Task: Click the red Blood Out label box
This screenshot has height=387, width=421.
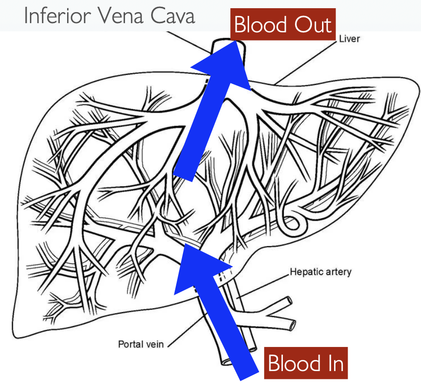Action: pyautogui.click(x=283, y=25)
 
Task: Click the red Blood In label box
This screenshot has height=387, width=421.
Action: pyautogui.click(x=306, y=363)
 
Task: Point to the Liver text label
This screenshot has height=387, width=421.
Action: pyautogui.click(x=349, y=38)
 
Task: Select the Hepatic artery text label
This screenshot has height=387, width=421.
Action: pyautogui.click(x=321, y=272)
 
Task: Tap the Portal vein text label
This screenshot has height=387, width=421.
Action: pyautogui.click(x=141, y=345)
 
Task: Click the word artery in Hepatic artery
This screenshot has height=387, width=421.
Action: pyautogui.click(x=337, y=272)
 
